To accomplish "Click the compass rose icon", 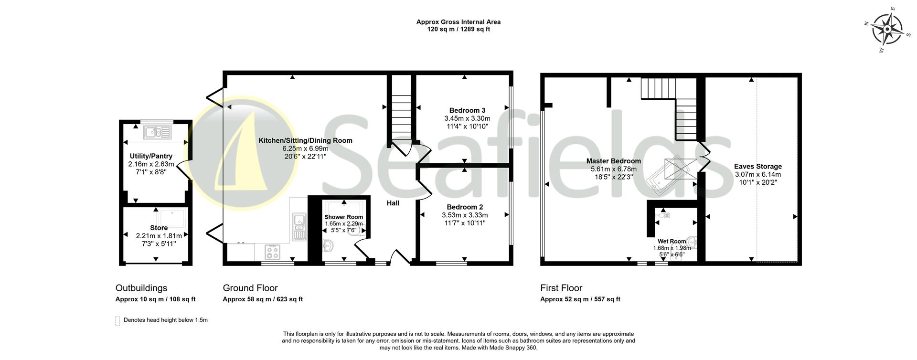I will tap(887, 29).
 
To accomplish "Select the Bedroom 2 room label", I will tap(465, 207).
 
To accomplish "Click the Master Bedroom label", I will tap(613, 161).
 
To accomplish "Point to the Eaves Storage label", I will tap(757, 166).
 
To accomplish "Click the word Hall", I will tap(393, 203).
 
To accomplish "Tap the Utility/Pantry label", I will tap(151, 156).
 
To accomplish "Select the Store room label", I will tap(159, 228).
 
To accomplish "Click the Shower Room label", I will tap(343, 217).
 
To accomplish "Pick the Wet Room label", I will tap(672, 241).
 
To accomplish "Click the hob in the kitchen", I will tap(273, 251).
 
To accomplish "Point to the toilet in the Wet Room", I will tap(664, 215).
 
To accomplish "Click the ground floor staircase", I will tap(401, 115).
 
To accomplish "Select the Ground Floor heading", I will tap(250, 288).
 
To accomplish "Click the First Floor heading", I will tap(561, 288).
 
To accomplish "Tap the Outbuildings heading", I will tap(141, 288).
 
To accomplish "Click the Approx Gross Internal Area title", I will tap(458, 22).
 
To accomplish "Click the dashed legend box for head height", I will tap(117, 321).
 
